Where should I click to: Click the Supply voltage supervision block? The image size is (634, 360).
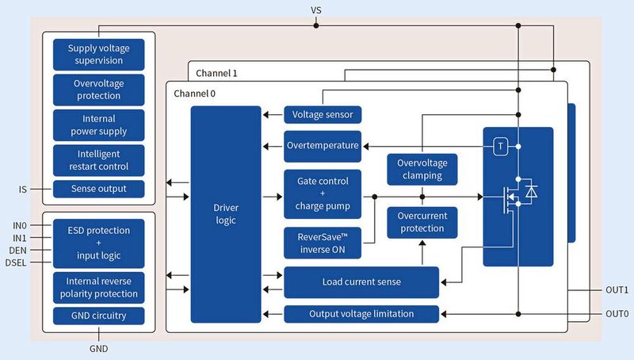click(100, 54)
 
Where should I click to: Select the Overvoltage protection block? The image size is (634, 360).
click(100, 90)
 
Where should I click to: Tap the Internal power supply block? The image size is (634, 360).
click(100, 125)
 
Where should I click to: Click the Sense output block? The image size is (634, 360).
click(100, 190)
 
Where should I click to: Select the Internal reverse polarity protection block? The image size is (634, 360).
click(100, 287)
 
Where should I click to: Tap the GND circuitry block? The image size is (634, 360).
click(100, 316)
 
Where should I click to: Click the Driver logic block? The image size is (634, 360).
click(226, 214)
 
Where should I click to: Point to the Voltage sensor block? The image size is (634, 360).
click(323, 114)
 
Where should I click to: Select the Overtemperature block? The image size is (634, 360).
click(323, 146)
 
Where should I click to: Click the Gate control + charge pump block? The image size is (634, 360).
click(323, 194)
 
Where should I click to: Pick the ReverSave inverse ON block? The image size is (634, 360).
click(323, 243)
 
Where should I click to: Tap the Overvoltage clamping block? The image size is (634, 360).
click(422, 169)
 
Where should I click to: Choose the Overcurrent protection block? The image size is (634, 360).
click(422, 222)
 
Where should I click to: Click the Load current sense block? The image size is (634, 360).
click(361, 281)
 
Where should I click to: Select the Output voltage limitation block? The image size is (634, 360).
click(361, 314)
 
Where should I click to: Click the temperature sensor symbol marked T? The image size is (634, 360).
click(500, 147)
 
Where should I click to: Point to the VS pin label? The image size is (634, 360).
click(316, 10)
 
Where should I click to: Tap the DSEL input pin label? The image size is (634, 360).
click(17, 262)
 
